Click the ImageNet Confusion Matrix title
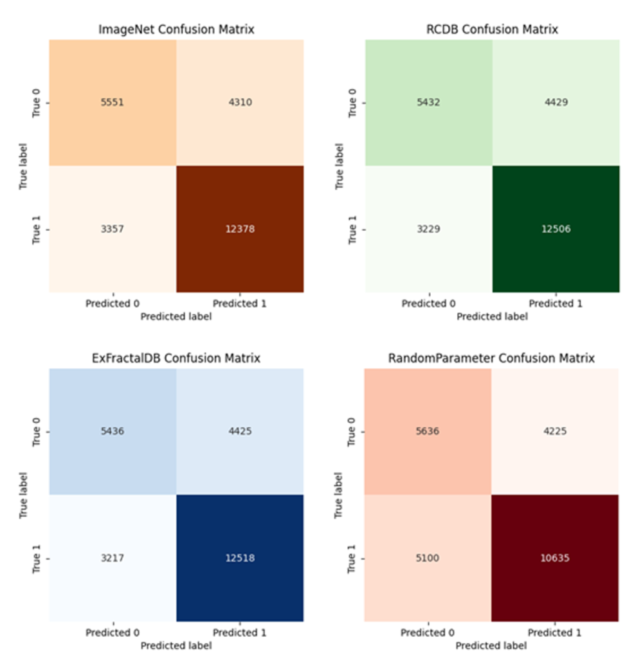coord(176,30)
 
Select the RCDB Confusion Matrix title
coord(492,30)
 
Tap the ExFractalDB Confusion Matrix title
coord(176,359)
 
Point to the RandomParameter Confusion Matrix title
coord(492,359)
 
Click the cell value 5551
coord(112,103)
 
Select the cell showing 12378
coord(239,229)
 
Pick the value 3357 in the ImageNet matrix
coord(112,229)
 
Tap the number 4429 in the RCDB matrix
coord(556,103)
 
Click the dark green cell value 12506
coord(556,229)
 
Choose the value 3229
coord(428,229)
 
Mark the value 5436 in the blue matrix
coord(112,431)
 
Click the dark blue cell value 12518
coord(239,558)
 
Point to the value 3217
coord(112,558)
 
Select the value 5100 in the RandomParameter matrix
coord(428,558)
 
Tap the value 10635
coord(556,558)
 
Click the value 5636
coord(428,431)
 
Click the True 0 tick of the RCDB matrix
coord(352,103)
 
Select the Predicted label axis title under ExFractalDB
coord(176,645)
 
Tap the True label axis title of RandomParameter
coord(339,495)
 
